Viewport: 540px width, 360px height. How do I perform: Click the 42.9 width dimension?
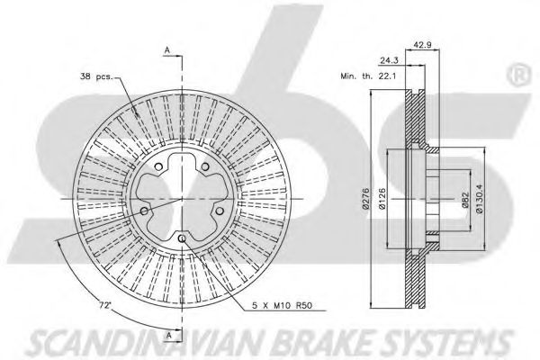[x=422, y=45]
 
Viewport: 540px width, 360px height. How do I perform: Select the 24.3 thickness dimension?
[x=389, y=60]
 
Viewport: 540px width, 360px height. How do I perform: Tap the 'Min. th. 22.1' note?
[x=368, y=76]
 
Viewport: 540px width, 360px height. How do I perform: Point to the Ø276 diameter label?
[x=365, y=199]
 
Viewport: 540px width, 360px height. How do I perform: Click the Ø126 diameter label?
[x=382, y=199]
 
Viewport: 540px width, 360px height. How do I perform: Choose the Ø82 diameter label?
[x=464, y=200]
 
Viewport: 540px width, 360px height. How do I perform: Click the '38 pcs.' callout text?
[x=96, y=76]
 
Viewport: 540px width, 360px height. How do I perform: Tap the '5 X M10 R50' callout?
[x=282, y=305]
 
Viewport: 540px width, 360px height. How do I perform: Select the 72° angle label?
[x=105, y=305]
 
